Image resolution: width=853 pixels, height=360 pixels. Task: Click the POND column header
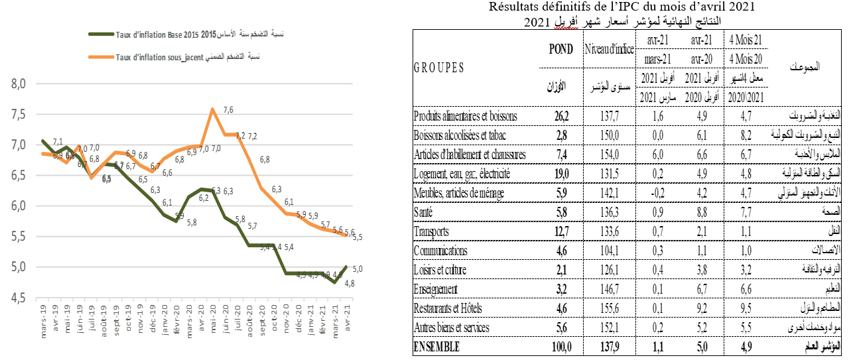[560, 49]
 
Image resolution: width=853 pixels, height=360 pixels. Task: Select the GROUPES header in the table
[438, 68]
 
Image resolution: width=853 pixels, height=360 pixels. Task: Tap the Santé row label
[426, 213]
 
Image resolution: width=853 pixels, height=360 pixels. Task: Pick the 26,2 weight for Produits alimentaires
[560, 117]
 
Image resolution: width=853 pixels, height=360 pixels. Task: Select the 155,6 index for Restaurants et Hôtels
[608, 309]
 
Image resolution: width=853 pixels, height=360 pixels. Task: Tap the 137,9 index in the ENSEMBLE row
[608, 347]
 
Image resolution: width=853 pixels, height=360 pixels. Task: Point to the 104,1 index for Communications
[608, 251]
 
